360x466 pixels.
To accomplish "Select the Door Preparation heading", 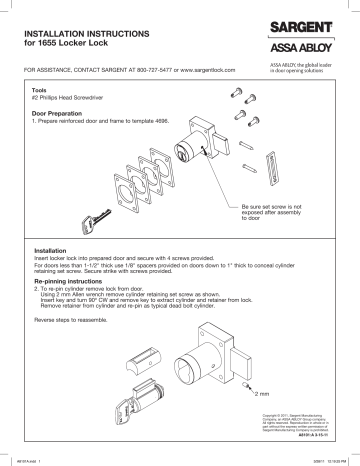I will point(67,113).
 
